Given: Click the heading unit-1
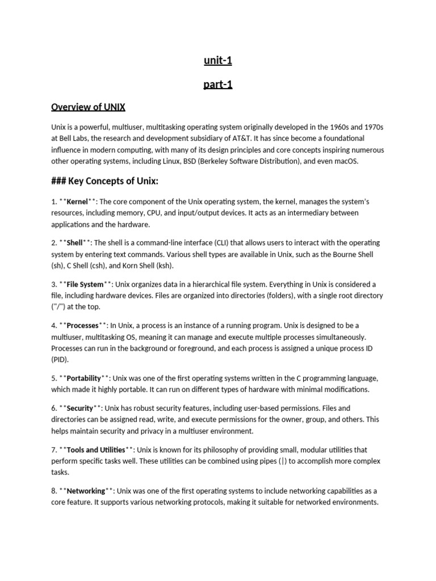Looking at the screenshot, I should tap(218, 61).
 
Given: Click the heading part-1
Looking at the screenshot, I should tap(218, 85).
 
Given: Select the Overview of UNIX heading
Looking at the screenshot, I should tap(88, 107).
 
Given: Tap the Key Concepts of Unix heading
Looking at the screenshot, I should tap(104, 182).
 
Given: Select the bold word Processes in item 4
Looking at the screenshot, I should tap(83, 325).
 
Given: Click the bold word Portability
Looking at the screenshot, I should tap(85, 378).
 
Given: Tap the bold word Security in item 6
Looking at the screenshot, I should tap(79, 408).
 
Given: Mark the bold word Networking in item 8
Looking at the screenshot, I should tap(86, 491).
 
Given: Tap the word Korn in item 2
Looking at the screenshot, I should tap(124, 266).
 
